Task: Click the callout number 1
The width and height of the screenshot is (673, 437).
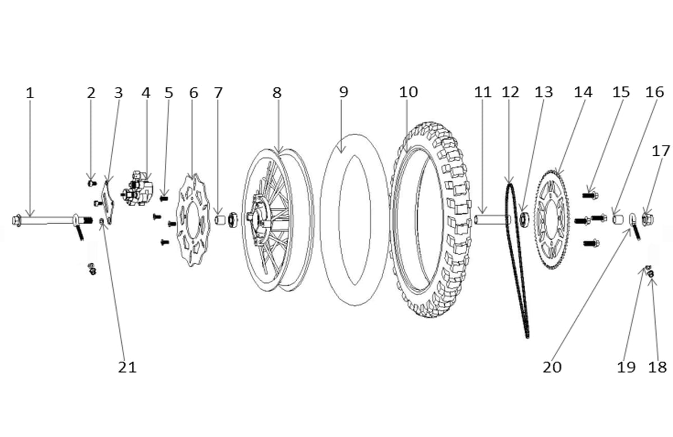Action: pos(30,92)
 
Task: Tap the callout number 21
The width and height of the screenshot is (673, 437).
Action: pos(127,367)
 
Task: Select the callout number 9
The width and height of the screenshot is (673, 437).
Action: pos(343,92)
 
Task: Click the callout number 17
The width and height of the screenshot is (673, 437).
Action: pos(661,151)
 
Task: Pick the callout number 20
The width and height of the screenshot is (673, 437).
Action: pos(551,367)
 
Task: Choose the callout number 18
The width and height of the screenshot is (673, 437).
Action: pos(658,367)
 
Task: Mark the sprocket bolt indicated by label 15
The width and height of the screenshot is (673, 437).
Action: pos(588,196)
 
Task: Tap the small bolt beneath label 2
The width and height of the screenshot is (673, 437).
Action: pos(92,182)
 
